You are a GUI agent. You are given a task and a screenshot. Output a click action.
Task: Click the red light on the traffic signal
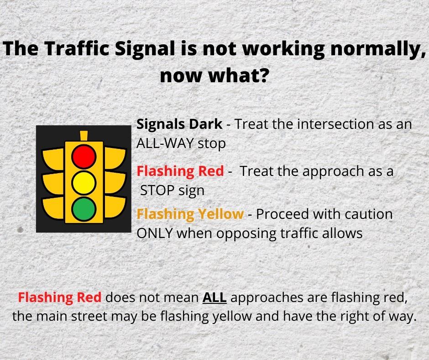click(x=84, y=156)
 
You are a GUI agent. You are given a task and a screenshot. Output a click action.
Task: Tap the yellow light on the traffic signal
click(x=84, y=182)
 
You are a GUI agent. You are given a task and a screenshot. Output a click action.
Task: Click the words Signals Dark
click(x=179, y=124)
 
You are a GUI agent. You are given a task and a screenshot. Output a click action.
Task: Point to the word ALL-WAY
click(x=166, y=143)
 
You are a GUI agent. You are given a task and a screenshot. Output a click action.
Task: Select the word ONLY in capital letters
click(x=155, y=233)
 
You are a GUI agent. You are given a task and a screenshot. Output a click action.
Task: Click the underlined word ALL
click(x=214, y=297)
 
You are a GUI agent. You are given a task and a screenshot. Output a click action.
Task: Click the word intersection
click(x=341, y=124)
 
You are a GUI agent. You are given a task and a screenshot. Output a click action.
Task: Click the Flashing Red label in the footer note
click(x=60, y=297)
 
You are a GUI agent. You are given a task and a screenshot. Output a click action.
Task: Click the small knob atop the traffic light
click(x=84, y=136)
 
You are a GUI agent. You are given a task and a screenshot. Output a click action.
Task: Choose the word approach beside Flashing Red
click(x=347, y=171)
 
